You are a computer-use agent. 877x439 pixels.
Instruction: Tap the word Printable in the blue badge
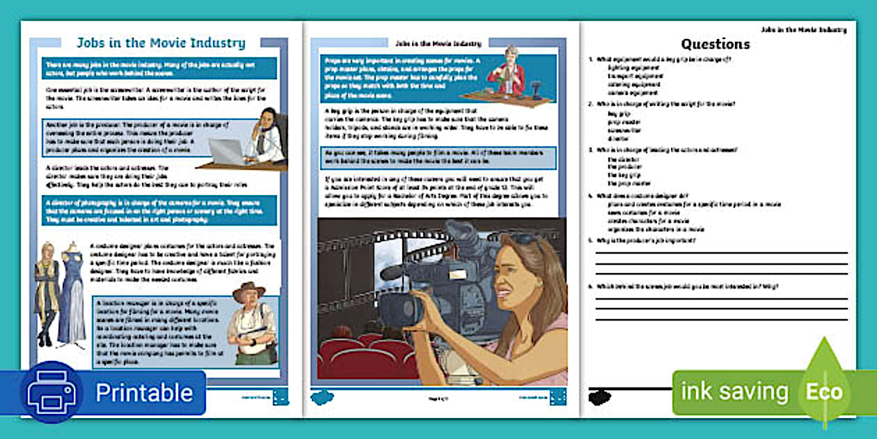click(x=144, y=392)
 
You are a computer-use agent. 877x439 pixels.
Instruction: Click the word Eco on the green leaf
click(x=824, y=392)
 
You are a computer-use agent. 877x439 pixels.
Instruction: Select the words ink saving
click(x=734, y=392)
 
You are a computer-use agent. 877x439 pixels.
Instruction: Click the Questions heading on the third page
click(x=715, y=45)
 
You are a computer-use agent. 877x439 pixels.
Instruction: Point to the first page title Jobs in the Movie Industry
click(x=161, y=43)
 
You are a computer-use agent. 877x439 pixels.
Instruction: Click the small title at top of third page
click(x=803, y=30)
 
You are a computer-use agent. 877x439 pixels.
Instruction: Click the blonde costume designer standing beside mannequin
click(x=47, y=293)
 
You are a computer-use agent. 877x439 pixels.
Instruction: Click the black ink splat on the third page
click(x=599, y=397)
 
